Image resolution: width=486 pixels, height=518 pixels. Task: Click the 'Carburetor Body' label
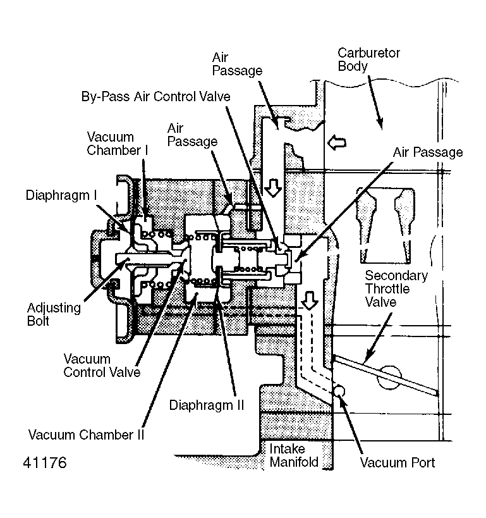pyautogui.click(x=369, y=59)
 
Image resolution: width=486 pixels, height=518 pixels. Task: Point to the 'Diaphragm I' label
pyautogui.click(x=61, y=195)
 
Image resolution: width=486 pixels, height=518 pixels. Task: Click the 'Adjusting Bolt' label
pyautogui.click(x=54, y=315)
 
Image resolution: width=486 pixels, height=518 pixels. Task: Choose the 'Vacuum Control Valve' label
pyautogui.click(x=101, y=366)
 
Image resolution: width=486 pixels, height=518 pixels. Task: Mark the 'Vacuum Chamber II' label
pyautogui.click(x=87, y=435)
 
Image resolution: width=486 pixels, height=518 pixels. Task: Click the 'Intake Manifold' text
pyautogui.click(x=295, y=455)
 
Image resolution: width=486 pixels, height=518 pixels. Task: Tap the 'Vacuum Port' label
pyautogui.click(x=398, y=462)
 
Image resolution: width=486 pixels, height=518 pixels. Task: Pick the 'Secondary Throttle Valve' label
pyautogui.click(x=396, y=289)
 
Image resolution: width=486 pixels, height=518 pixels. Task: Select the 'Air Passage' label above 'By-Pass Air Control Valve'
pyautogui.click(x=237, y=63)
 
